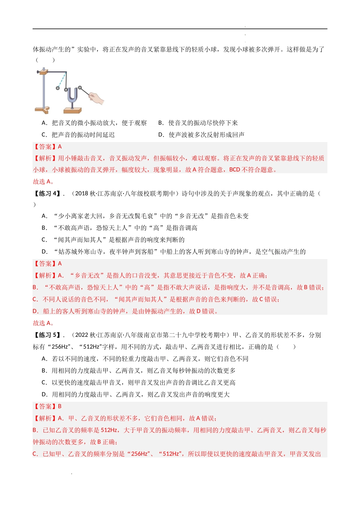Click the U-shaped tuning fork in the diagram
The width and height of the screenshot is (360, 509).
click(72, 96)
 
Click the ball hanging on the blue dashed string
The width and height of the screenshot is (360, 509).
click(58, 88)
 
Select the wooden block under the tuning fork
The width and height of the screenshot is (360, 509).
click(72, 110)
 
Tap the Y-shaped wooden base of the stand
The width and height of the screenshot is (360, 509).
click(42, 110)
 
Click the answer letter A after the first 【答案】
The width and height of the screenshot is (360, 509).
click(60, 147)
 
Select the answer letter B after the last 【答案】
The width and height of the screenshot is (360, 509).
click(60, 406)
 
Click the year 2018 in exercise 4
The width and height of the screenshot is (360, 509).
click(81, 194)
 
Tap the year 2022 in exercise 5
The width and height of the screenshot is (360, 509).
click(81, 335)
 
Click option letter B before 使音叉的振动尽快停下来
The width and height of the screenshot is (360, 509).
click(161, 123)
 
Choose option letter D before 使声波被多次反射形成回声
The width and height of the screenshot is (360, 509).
click(161, 134)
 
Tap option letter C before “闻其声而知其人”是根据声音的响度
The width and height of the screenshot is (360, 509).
click(44, 240)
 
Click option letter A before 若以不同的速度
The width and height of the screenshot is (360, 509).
click(44, 359)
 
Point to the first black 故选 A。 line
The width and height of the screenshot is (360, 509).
click(44, 181)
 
